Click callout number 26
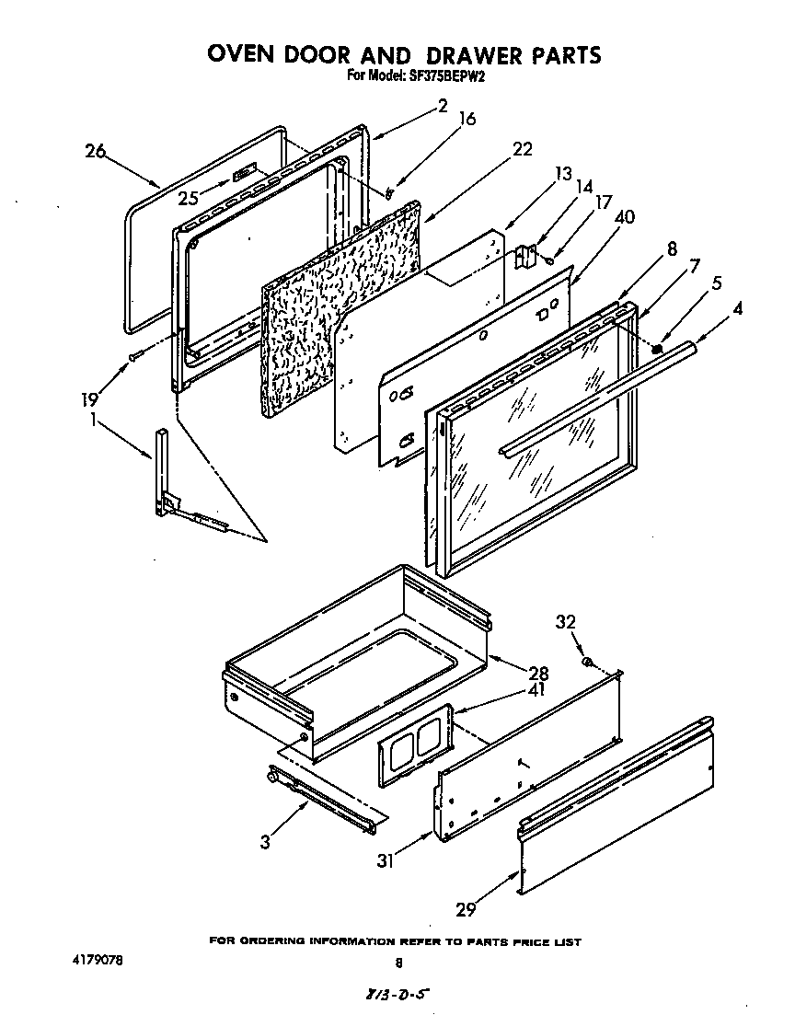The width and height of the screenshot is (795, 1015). coord(96,152)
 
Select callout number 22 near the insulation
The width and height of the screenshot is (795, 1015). coord(522,150)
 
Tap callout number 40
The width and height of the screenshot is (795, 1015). coord(624,217)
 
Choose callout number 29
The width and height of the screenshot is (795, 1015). coord(467,909)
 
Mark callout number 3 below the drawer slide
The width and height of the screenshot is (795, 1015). coord(265,841)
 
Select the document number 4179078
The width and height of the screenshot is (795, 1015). coord(96,961)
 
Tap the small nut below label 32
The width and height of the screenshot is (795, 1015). coord(587,662)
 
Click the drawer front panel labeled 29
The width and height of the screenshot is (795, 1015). coord(616,810)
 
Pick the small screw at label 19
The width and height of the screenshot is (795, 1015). coord(136,355)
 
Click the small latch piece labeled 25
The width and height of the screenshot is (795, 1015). coord(243,173)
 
